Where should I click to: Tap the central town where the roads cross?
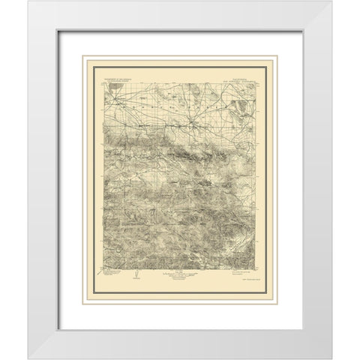click(x=191, y=120)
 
